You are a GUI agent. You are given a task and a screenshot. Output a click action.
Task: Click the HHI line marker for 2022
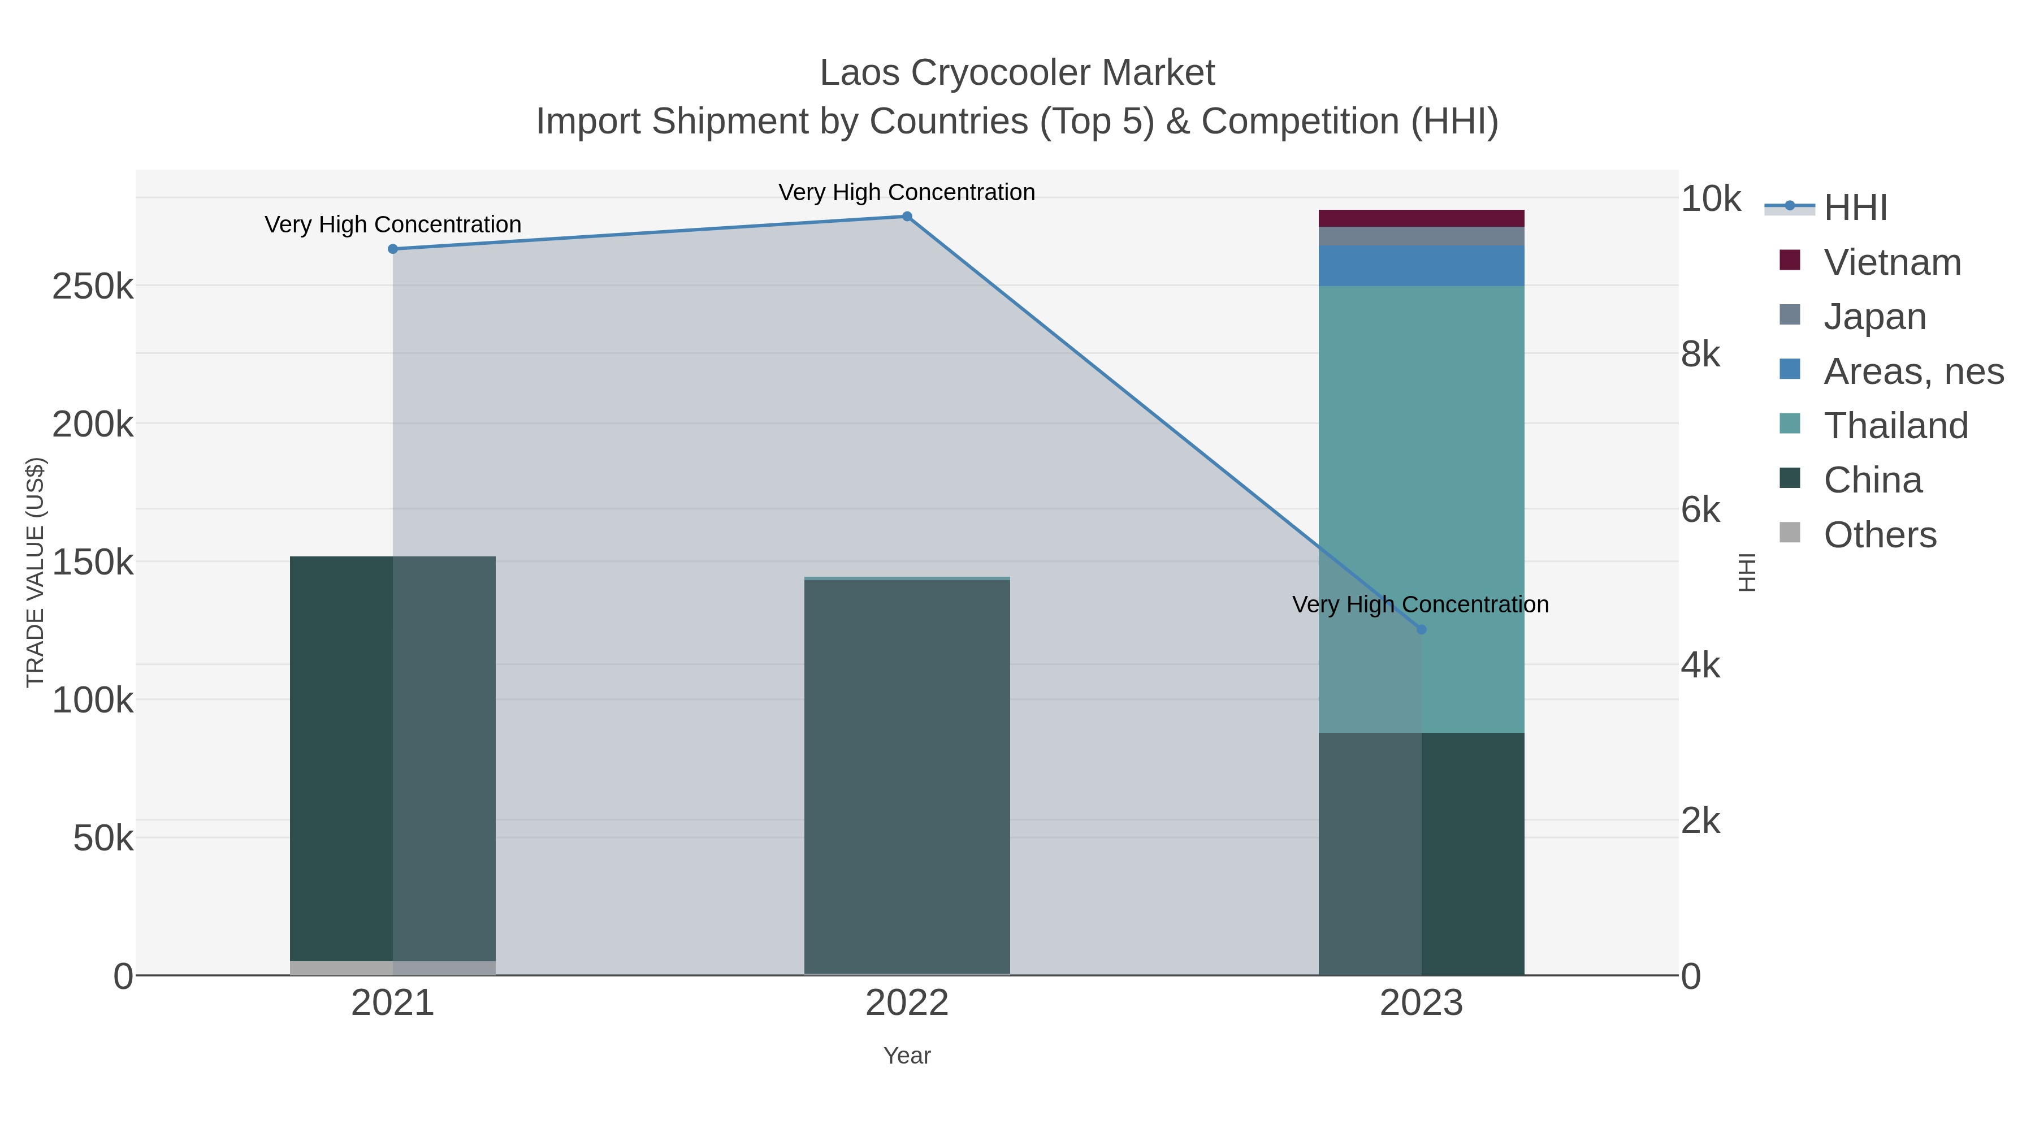pyautogui.click(x=907, y=217)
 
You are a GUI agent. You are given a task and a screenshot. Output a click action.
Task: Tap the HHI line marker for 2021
pyautogui.click(x=393, y=249)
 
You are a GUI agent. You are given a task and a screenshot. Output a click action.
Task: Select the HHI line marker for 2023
pyautogui.click(x=1421, y=630)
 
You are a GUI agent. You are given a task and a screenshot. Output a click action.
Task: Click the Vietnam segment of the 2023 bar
pyautogui.click(x=1421, y=218)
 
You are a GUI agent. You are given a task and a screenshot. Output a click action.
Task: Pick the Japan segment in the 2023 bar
pyautogui.click(x=1421, y=236)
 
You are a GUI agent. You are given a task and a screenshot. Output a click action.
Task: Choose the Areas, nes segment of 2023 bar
pyautogui.click(x=1421, y=266)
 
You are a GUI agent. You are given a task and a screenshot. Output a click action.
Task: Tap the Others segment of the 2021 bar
pyautogui.click(x=393, y=968)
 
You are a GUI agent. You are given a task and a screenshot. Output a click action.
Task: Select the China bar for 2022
pyautogui.click(x=907, y=775)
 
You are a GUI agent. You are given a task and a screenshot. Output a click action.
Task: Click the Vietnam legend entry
pyautogui.click(x=1892, y=262)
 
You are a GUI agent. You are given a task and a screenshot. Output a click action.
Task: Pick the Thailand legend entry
pyautogui.click(x=1895, y=426)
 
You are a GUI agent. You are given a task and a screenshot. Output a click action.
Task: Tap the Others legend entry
pyautogui.click(x=1880, y=535)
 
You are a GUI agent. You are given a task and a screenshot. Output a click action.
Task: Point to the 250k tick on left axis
pyautogui.click(x=93, y=286)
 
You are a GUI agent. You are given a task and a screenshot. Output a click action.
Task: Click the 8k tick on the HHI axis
pyautogui.click(x=1700, y=355)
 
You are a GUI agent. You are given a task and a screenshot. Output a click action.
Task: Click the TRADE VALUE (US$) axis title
pyautogui.click(x=36, y=572)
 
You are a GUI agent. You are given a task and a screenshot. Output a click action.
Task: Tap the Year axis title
pyautogui.click(x=907, y=1056)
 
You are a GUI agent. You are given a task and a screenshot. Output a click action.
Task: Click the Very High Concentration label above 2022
pyautogui.click(x=907, y=192)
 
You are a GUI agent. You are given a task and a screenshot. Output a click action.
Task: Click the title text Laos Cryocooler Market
pyautogui.click(x=1017, y=73)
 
